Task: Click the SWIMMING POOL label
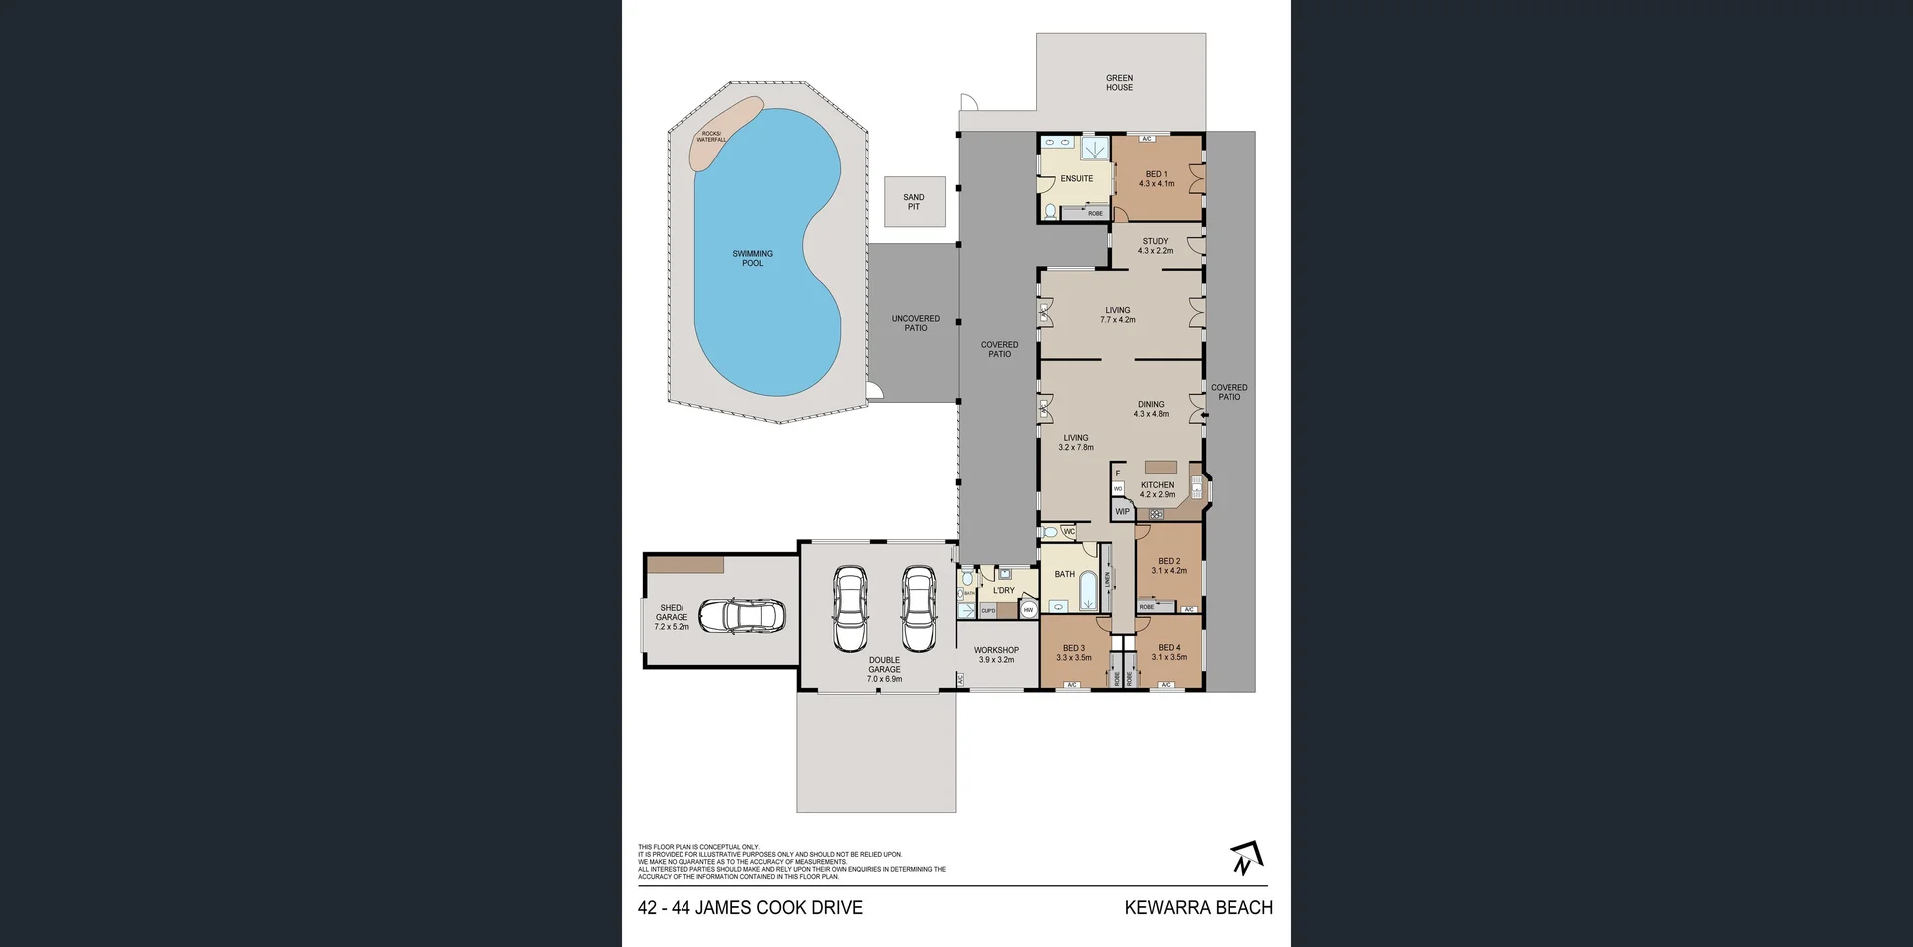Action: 752,258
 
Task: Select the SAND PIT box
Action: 914,202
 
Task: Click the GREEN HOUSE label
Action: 1119,82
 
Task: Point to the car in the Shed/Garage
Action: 742,616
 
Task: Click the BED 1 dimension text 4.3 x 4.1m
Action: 1156,184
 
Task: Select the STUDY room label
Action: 1155,241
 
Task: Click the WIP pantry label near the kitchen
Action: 1122,512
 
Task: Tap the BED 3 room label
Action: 1073,648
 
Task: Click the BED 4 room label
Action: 1169,648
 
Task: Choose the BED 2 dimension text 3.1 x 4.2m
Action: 1169,571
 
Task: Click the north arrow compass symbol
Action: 1245,858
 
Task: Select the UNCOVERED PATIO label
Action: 915,323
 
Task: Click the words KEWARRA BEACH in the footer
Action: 1199,907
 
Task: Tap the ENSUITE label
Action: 1076,179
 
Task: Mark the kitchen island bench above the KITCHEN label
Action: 1160,467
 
